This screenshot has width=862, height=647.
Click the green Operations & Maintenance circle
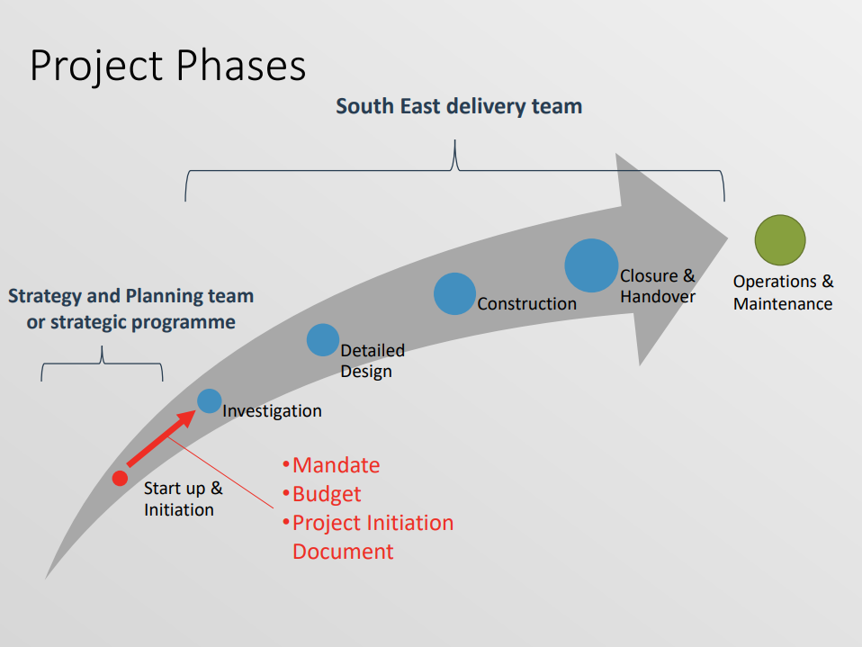tap(780, 240)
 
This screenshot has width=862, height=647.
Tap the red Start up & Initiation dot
tap(120, 478)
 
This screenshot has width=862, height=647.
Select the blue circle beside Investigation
tap(210, 400)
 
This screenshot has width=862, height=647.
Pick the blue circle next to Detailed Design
tap(323, 340)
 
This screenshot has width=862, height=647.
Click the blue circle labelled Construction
tap(454, 293)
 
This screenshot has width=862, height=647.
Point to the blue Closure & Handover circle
tap(591, 265)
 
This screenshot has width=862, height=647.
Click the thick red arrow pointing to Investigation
tap(162, 437)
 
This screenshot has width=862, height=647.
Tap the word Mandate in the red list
tap(336, 465)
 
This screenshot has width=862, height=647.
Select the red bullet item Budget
tap(327, 494)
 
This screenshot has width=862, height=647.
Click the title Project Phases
tap(167, 66)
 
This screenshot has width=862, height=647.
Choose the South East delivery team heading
tap(459, 106)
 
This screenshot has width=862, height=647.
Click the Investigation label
tap(272, 411)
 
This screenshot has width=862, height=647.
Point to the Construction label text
tap(526, 303)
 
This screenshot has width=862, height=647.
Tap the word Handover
tap(658, 297)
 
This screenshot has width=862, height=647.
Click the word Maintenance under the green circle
tap(783, 304)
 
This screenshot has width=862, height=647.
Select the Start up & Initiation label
tap(183, 499)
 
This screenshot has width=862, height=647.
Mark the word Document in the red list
tap(343, 552)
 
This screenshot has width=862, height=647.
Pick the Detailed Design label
tap(373, 361)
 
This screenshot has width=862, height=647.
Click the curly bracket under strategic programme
tap(103, 364)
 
